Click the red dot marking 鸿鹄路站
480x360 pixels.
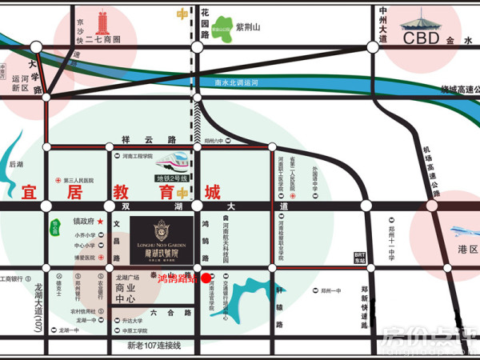(206, 278)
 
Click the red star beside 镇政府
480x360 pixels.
(101, 221)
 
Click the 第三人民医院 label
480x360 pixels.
(81, 180)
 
